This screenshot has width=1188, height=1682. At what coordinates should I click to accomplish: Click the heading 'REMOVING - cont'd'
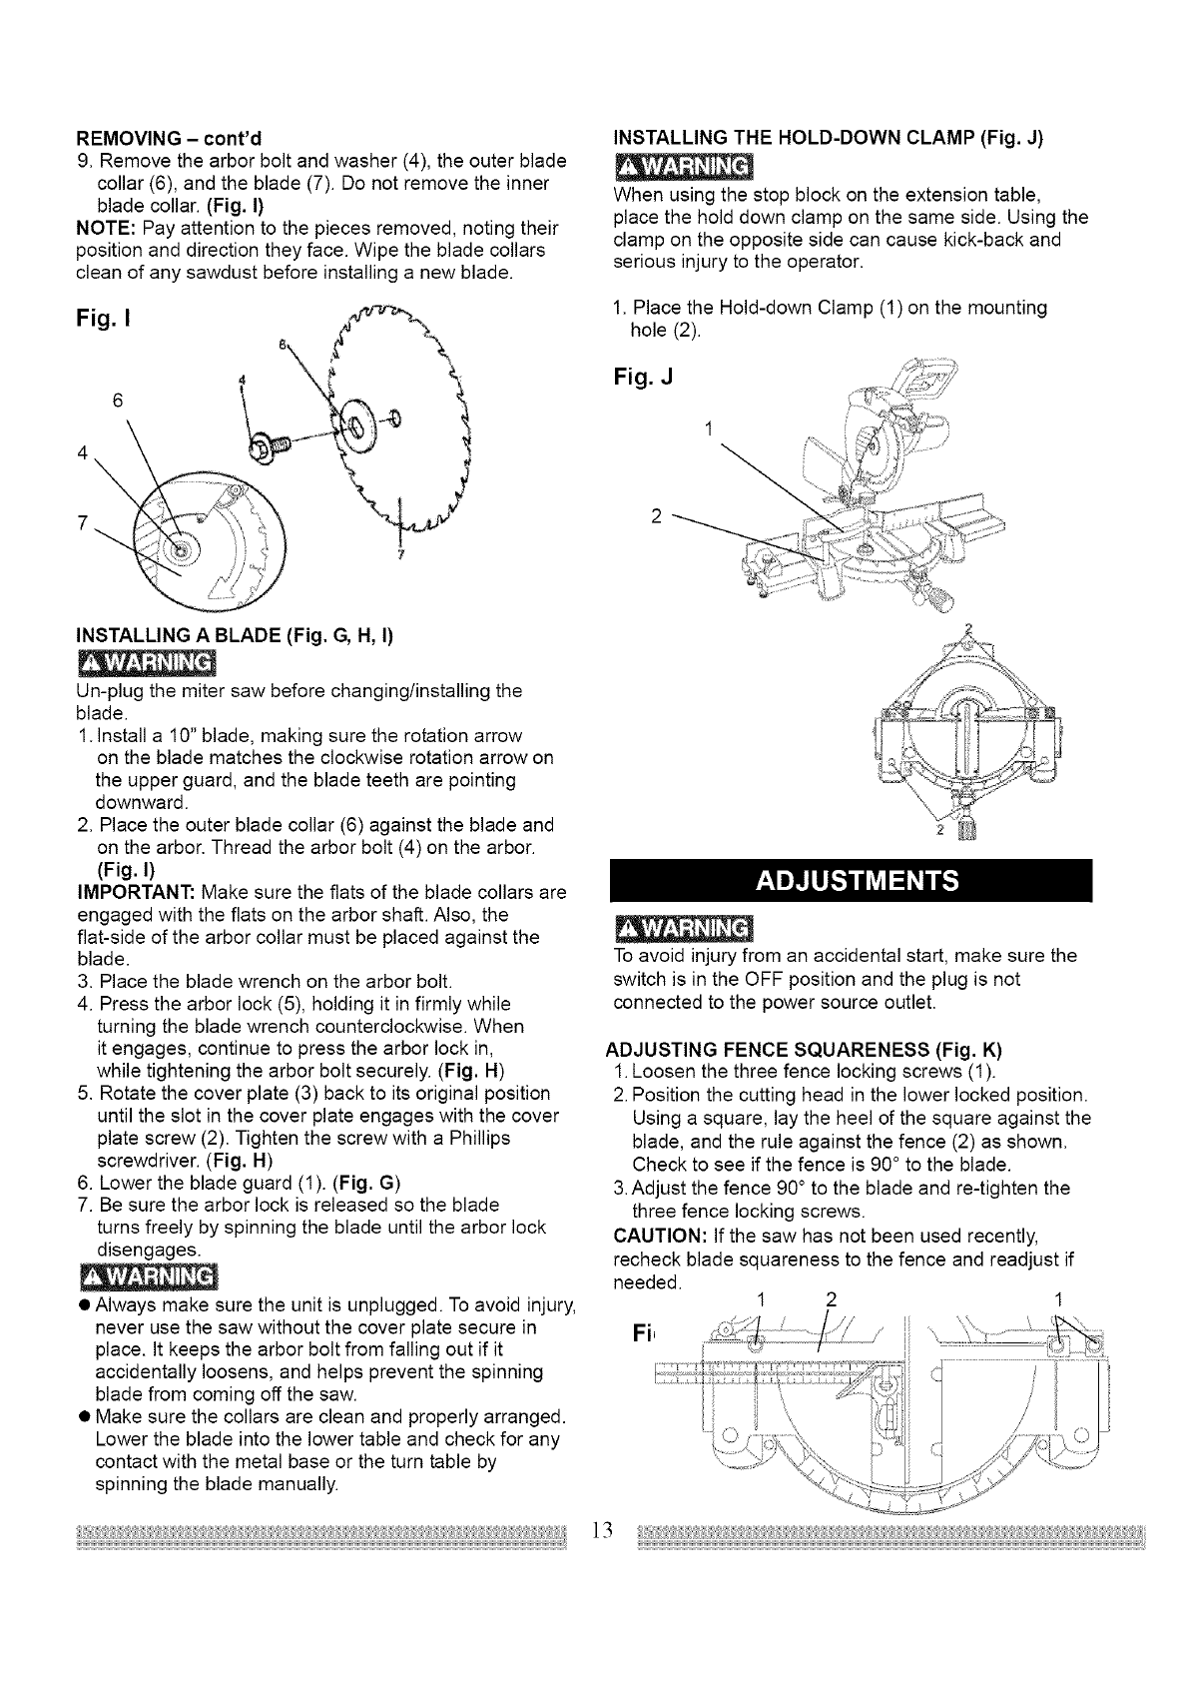click(169, 138)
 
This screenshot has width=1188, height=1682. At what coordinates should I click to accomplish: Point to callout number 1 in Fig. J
click(708, 429)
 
